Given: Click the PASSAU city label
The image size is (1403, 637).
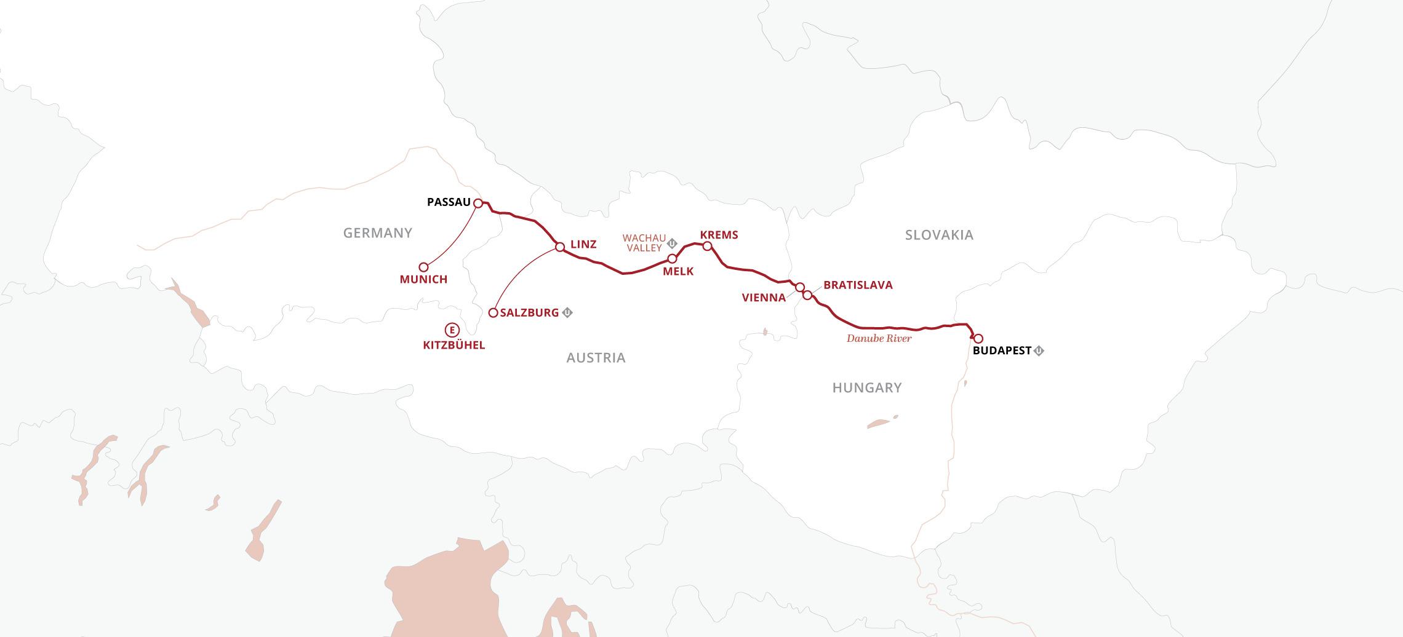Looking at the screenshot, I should [x=449, y=202].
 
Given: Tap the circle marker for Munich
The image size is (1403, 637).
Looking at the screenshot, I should [x=423, y=267].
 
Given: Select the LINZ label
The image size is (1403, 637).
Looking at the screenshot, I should [x=583, y=244].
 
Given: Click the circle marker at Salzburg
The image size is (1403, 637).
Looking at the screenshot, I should [x=493, y=313].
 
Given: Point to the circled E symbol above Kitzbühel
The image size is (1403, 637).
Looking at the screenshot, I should [x=452, y=330].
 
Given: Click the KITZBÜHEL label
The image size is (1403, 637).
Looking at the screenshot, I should [x=454, y=346].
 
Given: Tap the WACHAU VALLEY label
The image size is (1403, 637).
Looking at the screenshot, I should [x=644, y=243].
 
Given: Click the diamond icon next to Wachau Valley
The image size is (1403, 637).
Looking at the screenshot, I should [x=673, y=243].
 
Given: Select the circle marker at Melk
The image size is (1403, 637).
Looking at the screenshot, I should [x=672, y=258].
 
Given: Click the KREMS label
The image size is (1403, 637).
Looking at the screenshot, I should [x=719, y=235].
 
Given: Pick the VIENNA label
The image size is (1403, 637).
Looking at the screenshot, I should [x=764, y=298].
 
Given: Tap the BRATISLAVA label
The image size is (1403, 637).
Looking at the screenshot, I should [x=858, y=285].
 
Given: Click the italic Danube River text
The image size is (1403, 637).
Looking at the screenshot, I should [x=879, y=338].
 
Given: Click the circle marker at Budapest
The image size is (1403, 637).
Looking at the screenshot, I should [x=978, y=338].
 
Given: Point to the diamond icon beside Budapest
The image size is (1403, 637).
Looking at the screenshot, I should [x=1039, y=351].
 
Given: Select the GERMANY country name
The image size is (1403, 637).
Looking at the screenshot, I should [x=378, y=233].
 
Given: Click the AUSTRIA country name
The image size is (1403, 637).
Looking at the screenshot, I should [x=596, y=358].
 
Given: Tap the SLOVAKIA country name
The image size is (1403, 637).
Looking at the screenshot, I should [x=939, y=235].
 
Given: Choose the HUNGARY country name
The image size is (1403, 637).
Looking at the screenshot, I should [x=866, y=387].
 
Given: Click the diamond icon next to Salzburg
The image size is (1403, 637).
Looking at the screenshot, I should [x=567, y=313].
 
